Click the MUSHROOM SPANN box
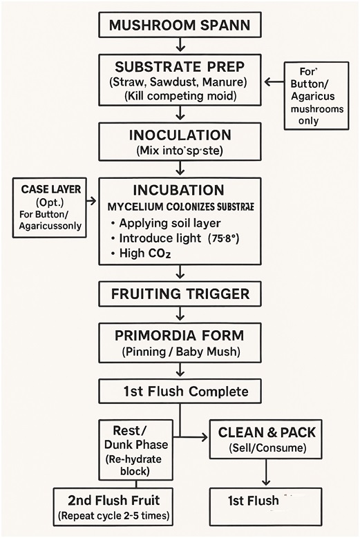(180, 27)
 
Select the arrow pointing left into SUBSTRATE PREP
(274, 82)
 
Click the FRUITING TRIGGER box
(180, 294)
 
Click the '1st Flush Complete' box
(180, 392)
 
